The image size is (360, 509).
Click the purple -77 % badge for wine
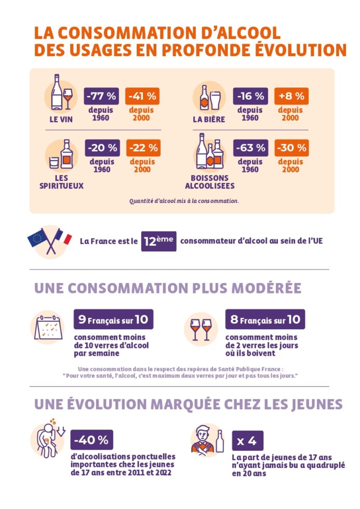tap(102, 96)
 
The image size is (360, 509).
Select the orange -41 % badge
tap(142, 96)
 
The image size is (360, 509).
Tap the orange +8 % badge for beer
tap(291, 96)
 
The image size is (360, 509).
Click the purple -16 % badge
tap(251, 96)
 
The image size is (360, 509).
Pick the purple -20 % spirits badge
tap(102, 148)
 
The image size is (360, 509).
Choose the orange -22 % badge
tap(142, 148)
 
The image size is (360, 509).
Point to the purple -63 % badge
tap(251, 148)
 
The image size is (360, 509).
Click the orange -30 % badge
tap(291, 148)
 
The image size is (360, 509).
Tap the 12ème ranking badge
tap(158, 242)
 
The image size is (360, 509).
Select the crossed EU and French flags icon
tap(49, 240)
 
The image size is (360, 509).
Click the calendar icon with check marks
tap(48, 328)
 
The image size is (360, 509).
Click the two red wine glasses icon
tap(201, 329)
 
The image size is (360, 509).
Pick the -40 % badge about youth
tap(91, 440)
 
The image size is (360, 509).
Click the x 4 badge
tap(247, 441)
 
